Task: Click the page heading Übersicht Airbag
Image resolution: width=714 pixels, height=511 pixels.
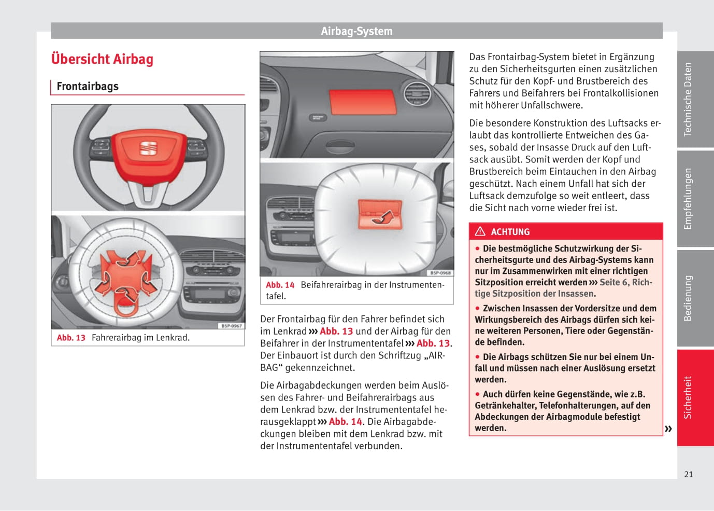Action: pos(102,59)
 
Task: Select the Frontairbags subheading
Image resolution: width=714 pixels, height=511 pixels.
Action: pos(88,87)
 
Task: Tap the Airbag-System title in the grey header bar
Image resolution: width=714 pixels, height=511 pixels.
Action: pos(356,31)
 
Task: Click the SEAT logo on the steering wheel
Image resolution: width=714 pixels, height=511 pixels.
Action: pos(148,148)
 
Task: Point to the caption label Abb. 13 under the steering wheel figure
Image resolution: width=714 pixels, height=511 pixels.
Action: pos(71,338)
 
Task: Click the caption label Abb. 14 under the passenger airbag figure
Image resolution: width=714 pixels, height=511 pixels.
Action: pos(280,285)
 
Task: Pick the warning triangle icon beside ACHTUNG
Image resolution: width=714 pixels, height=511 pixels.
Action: pos(480,231)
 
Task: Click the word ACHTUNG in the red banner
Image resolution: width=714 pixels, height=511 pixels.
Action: pos(510,232)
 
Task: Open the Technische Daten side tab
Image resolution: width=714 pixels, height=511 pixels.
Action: pos(688,100)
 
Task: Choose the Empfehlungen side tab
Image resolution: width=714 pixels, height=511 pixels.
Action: pos(688,199)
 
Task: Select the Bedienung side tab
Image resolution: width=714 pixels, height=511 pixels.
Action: pos(688,298)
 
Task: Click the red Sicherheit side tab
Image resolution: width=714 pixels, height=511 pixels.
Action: pos(688,397)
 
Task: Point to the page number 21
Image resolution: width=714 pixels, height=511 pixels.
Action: pos(689,474)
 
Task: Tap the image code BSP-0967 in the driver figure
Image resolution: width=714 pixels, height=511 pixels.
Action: pos(232,326)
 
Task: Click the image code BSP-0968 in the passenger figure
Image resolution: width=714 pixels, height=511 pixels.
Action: pos(440,273)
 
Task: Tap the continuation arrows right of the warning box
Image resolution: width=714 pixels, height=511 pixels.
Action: pos(668,429)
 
